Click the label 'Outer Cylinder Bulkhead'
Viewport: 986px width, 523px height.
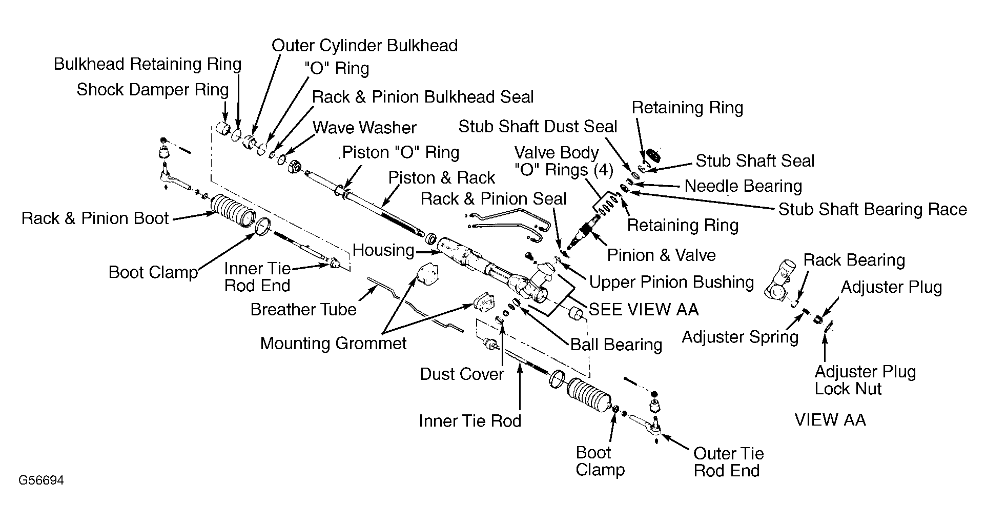(364, 46)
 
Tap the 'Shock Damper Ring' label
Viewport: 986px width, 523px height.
(153, 90)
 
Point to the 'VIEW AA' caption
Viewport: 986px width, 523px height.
(830, 420)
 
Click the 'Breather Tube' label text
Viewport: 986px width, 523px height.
(303, 310)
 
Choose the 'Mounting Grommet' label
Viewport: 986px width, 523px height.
(333, 343)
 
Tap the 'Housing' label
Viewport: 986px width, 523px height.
(383, 250)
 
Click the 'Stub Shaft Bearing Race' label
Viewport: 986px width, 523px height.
(873, 209)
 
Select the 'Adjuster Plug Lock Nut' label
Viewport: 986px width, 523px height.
(865, 380)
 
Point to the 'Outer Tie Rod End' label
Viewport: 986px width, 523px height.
(728, 462)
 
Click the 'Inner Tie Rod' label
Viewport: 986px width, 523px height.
(470, 421)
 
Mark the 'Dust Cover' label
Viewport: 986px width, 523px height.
(462, 374)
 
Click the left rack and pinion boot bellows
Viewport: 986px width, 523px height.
(234, 212)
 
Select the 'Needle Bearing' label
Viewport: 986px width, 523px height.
(743, 186)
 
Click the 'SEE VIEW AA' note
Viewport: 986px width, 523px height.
(644, 310)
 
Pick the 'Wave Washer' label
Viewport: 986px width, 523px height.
(364, 127)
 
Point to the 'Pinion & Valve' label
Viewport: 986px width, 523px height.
(661, 255)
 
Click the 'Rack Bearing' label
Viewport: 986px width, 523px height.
(854, 260)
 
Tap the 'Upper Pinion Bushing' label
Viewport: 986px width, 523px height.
(671, 282)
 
